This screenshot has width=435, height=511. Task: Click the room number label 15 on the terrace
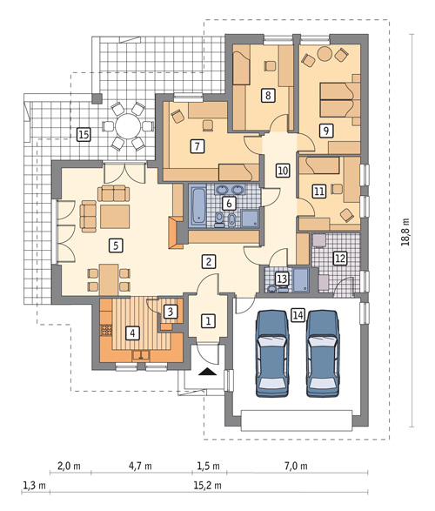(84, 134)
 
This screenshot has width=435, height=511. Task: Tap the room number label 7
(197, 146)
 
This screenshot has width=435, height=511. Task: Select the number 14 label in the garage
(298, 315)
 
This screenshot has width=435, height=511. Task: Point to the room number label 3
(171, 312)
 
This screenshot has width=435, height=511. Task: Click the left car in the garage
(272, 353)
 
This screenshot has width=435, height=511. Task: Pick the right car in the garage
(324, 353)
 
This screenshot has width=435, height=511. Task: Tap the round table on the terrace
(128, 126)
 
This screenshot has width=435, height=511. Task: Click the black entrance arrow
(207, 372)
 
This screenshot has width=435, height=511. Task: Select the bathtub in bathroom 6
(198, 205)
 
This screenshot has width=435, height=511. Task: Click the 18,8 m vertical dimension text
(405, 232)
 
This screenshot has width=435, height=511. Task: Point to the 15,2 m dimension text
(207, 486)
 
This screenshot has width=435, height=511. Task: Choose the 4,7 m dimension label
(140, 466)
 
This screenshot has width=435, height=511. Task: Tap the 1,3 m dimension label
(34, 486)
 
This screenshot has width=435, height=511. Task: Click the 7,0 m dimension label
(296, 466)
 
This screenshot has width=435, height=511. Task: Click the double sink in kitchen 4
(141, 355)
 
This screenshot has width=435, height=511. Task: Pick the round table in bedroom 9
(325, 53)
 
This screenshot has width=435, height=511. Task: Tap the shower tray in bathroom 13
(301, 279)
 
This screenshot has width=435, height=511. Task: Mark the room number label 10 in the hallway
(282, 170)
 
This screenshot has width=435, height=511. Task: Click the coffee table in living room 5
(115, 217)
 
